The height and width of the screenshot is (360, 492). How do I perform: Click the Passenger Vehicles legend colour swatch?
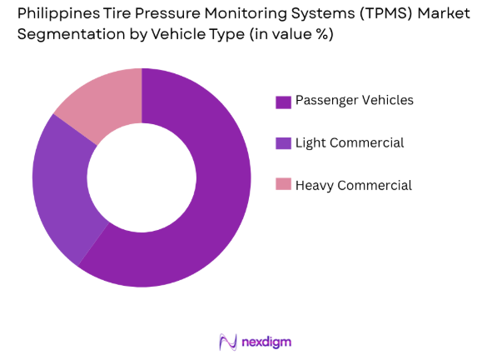(x=282, y=102)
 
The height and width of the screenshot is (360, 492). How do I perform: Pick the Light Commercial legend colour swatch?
(x=282, y=143)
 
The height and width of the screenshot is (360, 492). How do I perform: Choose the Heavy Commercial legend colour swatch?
(x=282, y=185)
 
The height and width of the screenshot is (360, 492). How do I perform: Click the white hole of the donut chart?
(x=141, y=177)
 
